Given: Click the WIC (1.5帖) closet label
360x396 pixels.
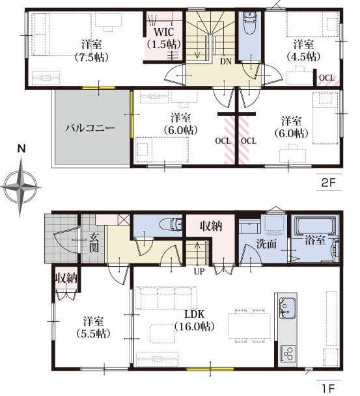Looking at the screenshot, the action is click(x=164, y=38).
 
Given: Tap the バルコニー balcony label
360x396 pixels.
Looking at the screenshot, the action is click(x=90, y=128).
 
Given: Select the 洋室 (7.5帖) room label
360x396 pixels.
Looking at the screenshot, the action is click(x=92, y=51).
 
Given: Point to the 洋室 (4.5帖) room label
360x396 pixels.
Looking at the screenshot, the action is click(x=303, y=50).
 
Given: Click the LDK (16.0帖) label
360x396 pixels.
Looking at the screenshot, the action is click(x=195, y=321).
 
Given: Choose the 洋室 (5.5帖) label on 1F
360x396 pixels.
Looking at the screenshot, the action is click(x=93, y=328).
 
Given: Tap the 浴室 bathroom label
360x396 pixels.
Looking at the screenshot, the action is click(x=314, y=240).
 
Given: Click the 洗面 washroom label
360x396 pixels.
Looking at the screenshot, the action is click(x=266, y=244).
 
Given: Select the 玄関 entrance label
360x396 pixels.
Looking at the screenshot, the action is click(x=94, y=243).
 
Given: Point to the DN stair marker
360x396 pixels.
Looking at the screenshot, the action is click(x=225, y=61).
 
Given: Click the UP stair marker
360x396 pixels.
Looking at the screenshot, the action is click(x=199, y=271).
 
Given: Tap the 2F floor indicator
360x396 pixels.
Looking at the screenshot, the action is click(x=328, y=182).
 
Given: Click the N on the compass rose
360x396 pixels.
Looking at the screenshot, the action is click(x=21, y=148).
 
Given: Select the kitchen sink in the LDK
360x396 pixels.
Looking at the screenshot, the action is click(x=287, y=308).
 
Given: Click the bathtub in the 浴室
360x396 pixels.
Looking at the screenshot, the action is click(x=314, y=226).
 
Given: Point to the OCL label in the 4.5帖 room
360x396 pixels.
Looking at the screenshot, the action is click(x=327, y=77).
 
